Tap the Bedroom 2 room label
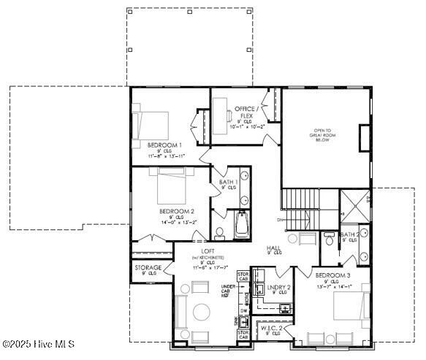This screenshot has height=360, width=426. pyautogui.click(x=176, y=211)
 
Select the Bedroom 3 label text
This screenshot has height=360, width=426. pyautogui.click(x=332, y=275)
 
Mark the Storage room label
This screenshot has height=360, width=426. pyautogui.click(x=148, y=268)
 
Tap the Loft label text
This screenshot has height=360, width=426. pyautogui.click(x=207, y=252)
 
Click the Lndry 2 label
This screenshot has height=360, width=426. pyautogui.click(x=278, y=288)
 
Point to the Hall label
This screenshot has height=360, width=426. pyautogui.click(x=273, y=248)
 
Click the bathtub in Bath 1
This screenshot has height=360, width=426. pyautogui.click(x=241, y=223)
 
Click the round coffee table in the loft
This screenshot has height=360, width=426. pyautogui.click(x=202, y=313)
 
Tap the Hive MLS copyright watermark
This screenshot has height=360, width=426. pyautogui.click(x=39, y=344)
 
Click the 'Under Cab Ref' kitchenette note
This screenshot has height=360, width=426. pyautogui.click(x=227, y=291)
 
